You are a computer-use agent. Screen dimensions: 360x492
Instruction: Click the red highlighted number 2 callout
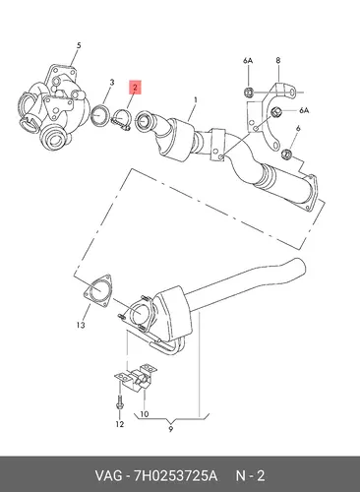[135, 88]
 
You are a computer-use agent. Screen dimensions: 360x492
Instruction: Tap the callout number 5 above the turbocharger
[79, 45]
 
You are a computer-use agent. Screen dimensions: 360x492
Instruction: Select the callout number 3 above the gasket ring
[112, 83]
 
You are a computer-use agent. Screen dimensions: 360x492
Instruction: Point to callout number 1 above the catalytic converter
[196, 99]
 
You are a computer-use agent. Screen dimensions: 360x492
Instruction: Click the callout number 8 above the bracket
[278, 60]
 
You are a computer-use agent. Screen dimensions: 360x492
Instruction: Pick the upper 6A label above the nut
[248, 61]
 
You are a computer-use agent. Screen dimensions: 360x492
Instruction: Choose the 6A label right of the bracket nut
[304, 110]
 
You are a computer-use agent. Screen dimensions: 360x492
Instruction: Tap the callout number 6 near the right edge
[298, 128]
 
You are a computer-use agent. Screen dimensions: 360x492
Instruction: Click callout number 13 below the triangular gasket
[81, 325]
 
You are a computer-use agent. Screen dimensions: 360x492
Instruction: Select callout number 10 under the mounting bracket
[145, 414]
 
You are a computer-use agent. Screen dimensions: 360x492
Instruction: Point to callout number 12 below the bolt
[120, 424]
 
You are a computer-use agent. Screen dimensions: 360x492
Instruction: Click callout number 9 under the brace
[170, 429]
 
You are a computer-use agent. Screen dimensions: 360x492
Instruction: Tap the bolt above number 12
[119, 402]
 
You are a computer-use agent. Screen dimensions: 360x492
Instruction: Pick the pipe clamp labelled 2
[122, 120]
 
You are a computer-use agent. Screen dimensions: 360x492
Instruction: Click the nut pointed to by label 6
[287, 154]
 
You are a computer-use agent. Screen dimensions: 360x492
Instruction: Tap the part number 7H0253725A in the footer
[175, 475]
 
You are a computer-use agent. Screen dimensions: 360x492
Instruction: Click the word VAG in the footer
[108, 475]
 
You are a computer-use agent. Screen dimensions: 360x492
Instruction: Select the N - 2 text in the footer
[250, 475]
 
